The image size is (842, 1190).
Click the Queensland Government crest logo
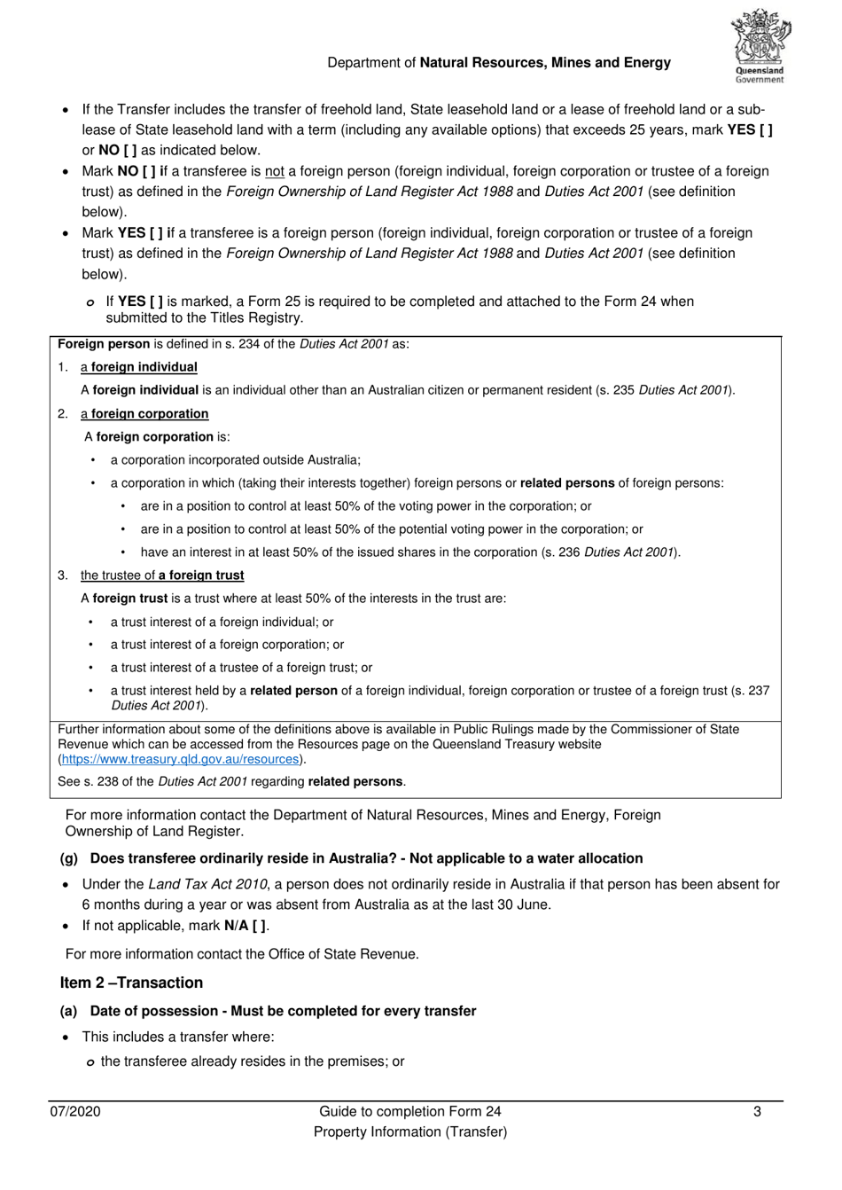760,46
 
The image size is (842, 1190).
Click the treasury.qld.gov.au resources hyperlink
181,759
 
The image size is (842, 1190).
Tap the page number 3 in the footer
757,1111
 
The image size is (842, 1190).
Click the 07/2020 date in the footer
74,1111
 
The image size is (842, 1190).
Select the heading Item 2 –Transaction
131,983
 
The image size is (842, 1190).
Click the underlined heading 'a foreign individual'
139,367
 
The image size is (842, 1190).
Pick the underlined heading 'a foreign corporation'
144,414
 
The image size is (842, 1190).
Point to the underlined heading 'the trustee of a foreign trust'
162,575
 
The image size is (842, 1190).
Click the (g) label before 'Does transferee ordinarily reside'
69,858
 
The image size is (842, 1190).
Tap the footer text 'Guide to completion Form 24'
409,1111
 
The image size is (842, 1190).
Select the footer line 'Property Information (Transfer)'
409,1131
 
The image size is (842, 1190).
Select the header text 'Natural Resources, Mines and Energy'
545,63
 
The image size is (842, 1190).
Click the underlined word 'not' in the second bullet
275,171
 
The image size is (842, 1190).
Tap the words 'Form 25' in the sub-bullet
273,301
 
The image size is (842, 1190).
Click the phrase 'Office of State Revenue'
340,954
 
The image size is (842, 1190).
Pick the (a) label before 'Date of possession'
69,1011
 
